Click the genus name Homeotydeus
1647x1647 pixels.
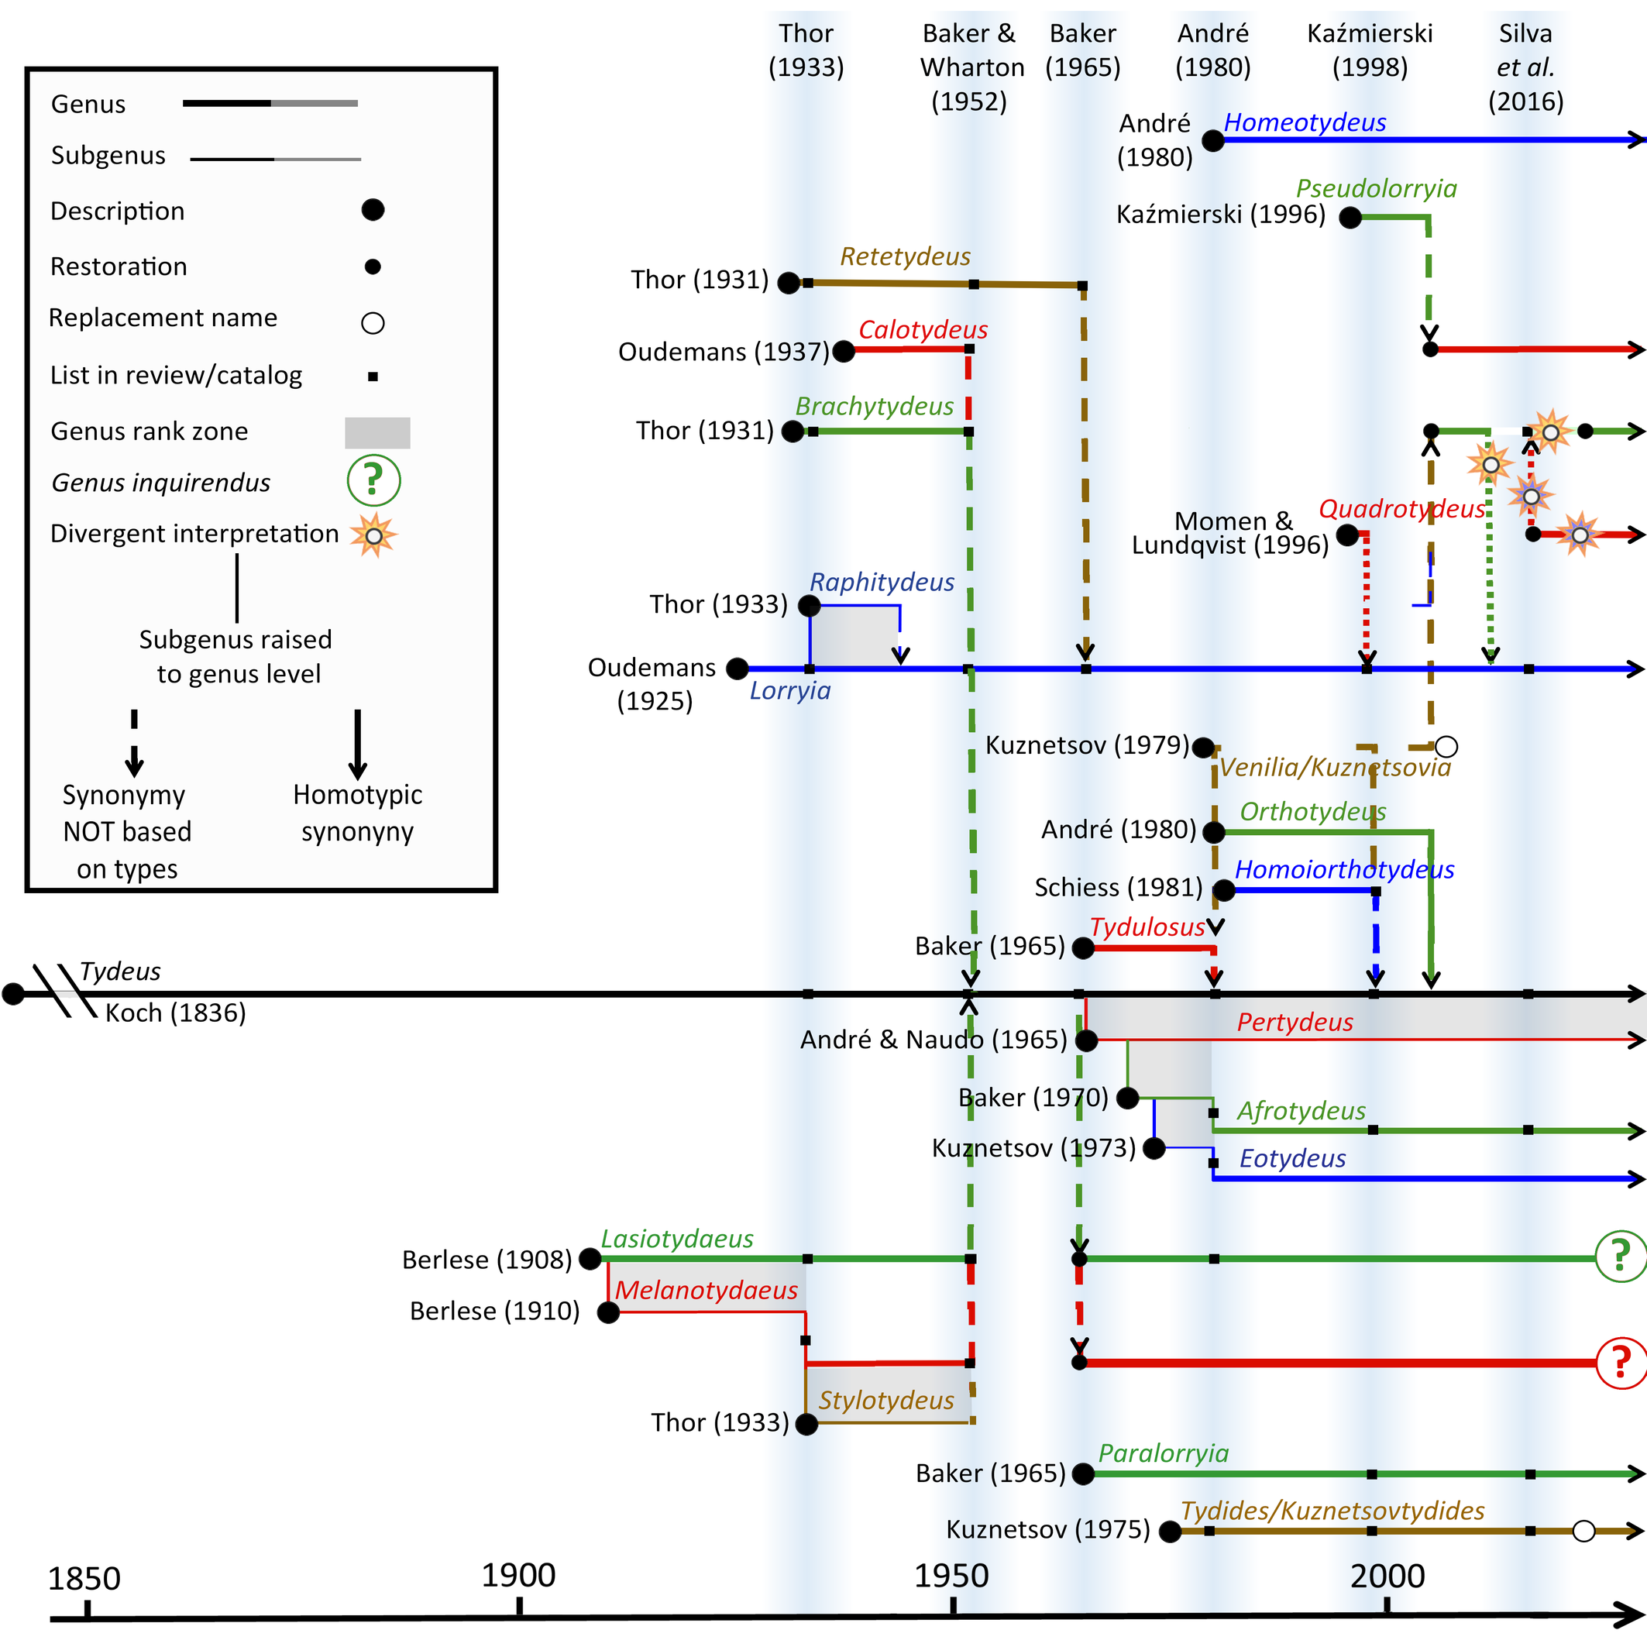click(x=1305, y=122)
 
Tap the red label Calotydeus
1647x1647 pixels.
click(x=923, y=330)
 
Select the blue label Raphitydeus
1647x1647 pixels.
click(x=882, y=583)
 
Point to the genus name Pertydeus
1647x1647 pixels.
click(x=1295, y=1022)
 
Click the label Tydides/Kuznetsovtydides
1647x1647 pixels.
click(x=1332, y=1511)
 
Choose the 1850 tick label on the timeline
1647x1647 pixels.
click(x=84, y=1579)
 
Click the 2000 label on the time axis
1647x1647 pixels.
click(x=1387, y=1577)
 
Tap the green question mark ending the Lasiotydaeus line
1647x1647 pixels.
click(x=1621, y=1257)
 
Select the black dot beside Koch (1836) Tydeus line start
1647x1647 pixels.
click(x=13, y=993)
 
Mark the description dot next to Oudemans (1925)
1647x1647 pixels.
click(x=738, y=669)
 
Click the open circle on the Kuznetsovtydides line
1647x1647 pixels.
click(x=1583, y=1531)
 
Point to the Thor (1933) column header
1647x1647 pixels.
click(x=806, y=50)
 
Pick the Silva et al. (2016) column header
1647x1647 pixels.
click(x=1525, y=67)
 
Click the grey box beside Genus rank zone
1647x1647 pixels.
click(x=377, y=432)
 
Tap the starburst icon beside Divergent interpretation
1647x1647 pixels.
click(x=373, y=535)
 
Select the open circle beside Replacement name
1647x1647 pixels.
click(x=373, y=323)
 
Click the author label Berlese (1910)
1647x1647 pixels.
click(x=494, y=1311)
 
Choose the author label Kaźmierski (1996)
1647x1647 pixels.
click(x=1221, y=214)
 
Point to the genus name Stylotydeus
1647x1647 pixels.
click(x=885, y=1401)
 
